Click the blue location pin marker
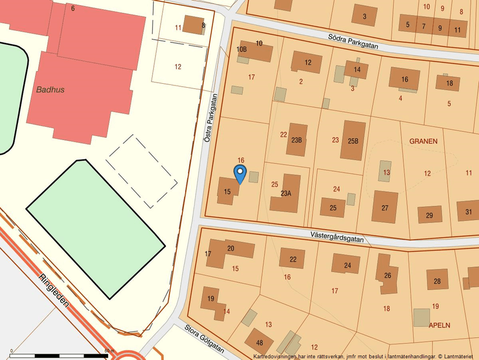(240, 174)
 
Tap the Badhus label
(50, 90)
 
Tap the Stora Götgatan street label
(204, 338)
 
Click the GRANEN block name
(423, 141)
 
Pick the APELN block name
(440, 325)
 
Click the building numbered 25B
(353, 141)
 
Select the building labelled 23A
(286, 193)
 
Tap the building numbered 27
(384, 207)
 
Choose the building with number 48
(259, 342)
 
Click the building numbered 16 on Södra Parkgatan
(404, 79)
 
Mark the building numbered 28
(437, 280)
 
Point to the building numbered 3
(365, 16)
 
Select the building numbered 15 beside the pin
(228, 191)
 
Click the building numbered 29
(429, 215)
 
